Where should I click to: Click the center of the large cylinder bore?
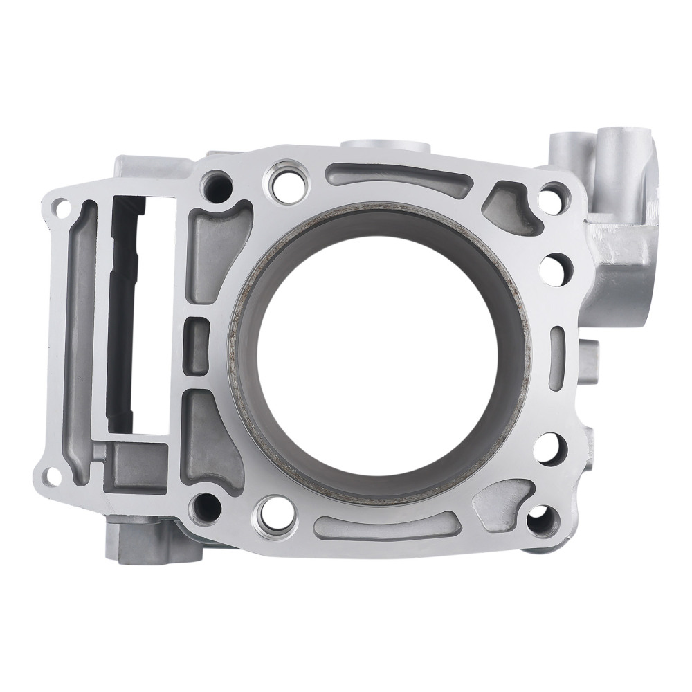click(380, 353)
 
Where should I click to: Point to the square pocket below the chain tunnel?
click(138, 466)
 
